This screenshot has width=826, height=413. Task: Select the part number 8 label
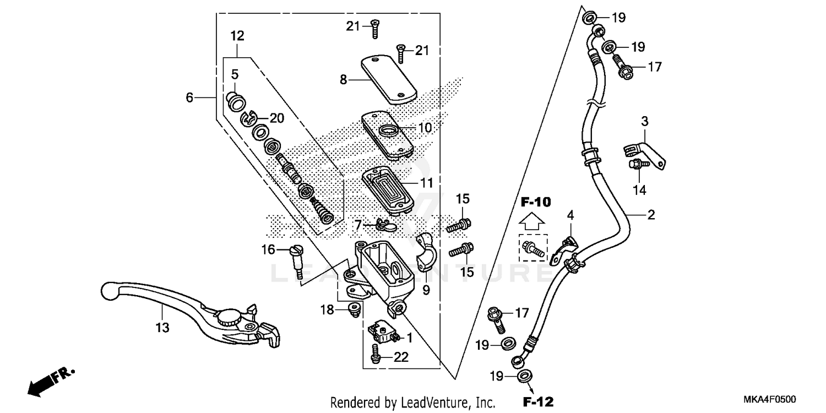[343, 80]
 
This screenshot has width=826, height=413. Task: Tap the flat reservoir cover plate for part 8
[388, 78]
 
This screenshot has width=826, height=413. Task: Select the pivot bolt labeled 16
[297, 259]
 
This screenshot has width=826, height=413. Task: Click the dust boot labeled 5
[236, 101]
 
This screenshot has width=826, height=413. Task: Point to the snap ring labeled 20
[249, 117]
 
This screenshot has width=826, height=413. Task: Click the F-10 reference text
[535, 202]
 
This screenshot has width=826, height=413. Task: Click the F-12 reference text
[538, 400]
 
